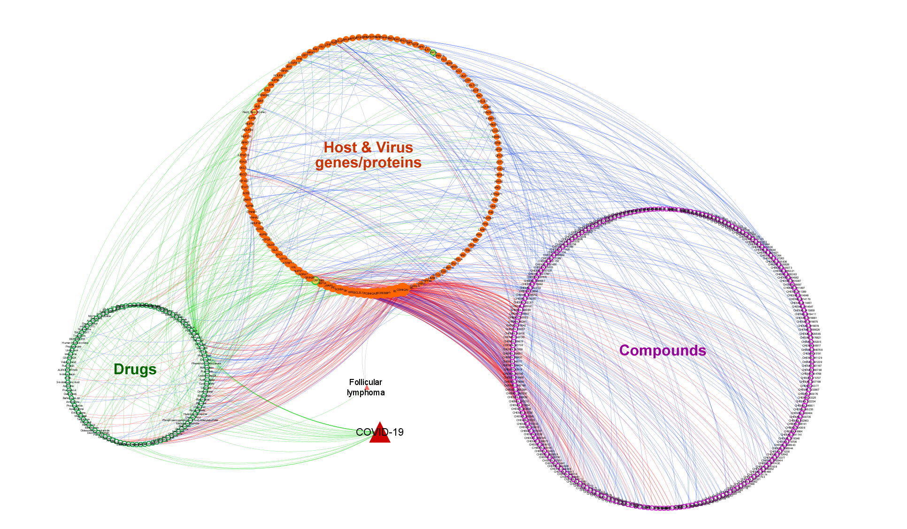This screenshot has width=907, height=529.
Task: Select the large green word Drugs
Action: (x=135, y=370)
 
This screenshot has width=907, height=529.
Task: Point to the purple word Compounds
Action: (x=662, y=351)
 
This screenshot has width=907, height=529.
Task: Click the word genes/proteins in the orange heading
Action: (x=368, y=163)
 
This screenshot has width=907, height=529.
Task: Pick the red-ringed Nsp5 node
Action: (x=254, y=112)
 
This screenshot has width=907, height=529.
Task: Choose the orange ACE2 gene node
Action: (x=246, y=193)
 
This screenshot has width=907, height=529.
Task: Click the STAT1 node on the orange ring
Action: (x=245, y=187)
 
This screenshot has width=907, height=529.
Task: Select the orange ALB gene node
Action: (x=257, y=106)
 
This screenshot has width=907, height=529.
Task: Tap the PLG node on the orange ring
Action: (x=444, y=60)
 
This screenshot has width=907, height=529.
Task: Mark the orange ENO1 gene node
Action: (x=479, y=96)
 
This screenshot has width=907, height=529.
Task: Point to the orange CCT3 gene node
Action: (x=500, y=162)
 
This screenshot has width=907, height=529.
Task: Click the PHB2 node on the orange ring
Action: (x=494, y=200)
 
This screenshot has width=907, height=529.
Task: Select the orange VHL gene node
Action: (x=293, y=267)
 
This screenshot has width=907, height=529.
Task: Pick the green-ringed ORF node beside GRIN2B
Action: (x=315, y=280)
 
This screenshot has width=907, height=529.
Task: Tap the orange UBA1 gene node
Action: (x=289, y=67)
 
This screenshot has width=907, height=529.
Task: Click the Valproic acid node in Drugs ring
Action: (x=69, y=362)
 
